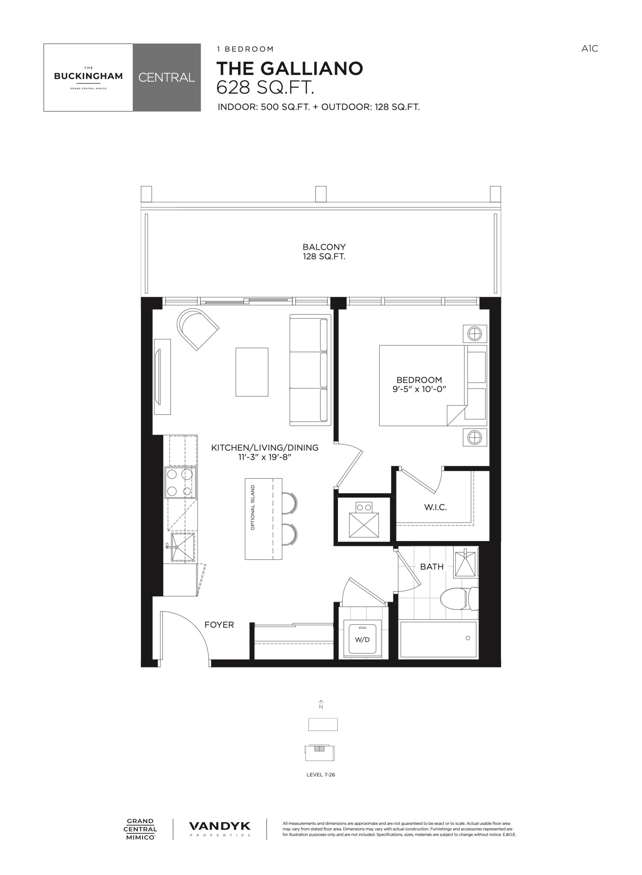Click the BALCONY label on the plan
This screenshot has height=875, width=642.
[x=324, y=247]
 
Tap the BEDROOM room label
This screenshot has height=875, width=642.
[x=419, y=380]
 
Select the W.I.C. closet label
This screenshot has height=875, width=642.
[x=435, y=507]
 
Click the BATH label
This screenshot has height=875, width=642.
[x=432, y=567]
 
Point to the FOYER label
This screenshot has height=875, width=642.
[x=219, y=625]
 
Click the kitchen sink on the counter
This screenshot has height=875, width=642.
[x=182, y=547]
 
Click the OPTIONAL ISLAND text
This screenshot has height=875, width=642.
[x=253, y=507]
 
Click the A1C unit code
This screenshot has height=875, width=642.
[x=590, y=49]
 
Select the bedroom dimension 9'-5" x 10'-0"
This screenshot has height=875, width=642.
[x=419, y=389]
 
